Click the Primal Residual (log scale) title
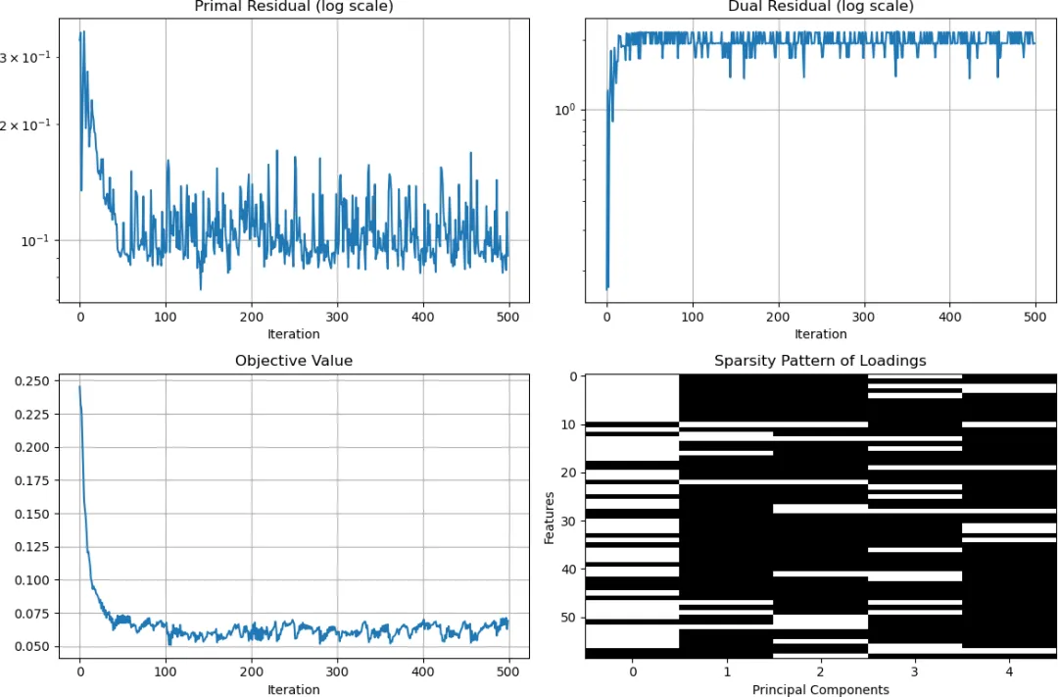(x=294, y=6)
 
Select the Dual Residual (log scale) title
(x=821, y=6)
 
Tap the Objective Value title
(x=294, y=361)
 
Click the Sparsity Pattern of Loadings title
(x=821, y=361)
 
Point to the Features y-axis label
(x=550, y=518)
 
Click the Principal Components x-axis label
(x=821, y=689)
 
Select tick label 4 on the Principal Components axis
(x=1009, y=672)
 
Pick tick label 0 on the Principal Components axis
(x=632, y=672)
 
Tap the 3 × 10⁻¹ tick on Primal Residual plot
(x=24, y=58)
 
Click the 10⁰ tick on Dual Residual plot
(x=565, y=110)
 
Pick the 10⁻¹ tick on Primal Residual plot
(x=36, y=240)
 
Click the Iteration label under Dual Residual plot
(x=821, y=333)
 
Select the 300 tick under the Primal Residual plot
(x=337, y=317)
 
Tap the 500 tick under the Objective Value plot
(x=508, y=672)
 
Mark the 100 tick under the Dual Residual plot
(x=693, y=317)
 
